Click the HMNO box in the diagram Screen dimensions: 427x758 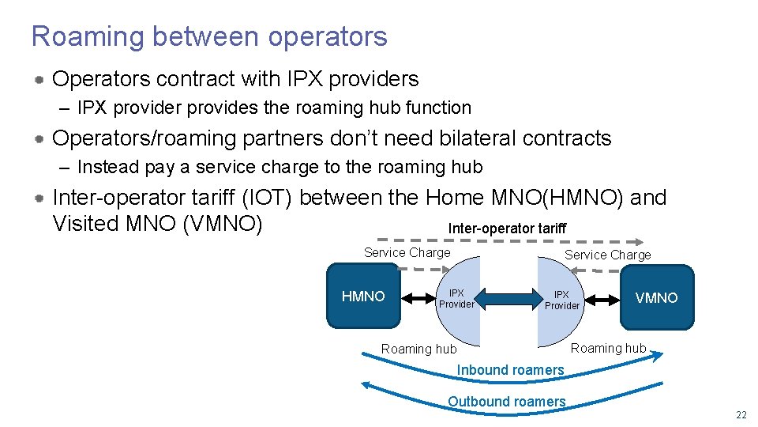363,297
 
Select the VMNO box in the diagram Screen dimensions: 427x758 657,297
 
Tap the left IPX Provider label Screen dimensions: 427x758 456,299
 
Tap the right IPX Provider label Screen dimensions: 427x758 561,300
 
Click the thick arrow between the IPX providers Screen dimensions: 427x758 508,299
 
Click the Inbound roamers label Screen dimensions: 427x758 510,370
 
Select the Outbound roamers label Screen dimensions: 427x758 506,402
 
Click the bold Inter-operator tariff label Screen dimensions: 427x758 507,229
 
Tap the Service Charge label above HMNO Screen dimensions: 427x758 407,252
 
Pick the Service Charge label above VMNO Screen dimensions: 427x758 607,255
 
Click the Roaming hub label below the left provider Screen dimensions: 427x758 418,349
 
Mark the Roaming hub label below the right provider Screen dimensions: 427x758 608,348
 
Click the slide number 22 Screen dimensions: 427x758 740,416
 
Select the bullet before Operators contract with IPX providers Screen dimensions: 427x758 38,80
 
